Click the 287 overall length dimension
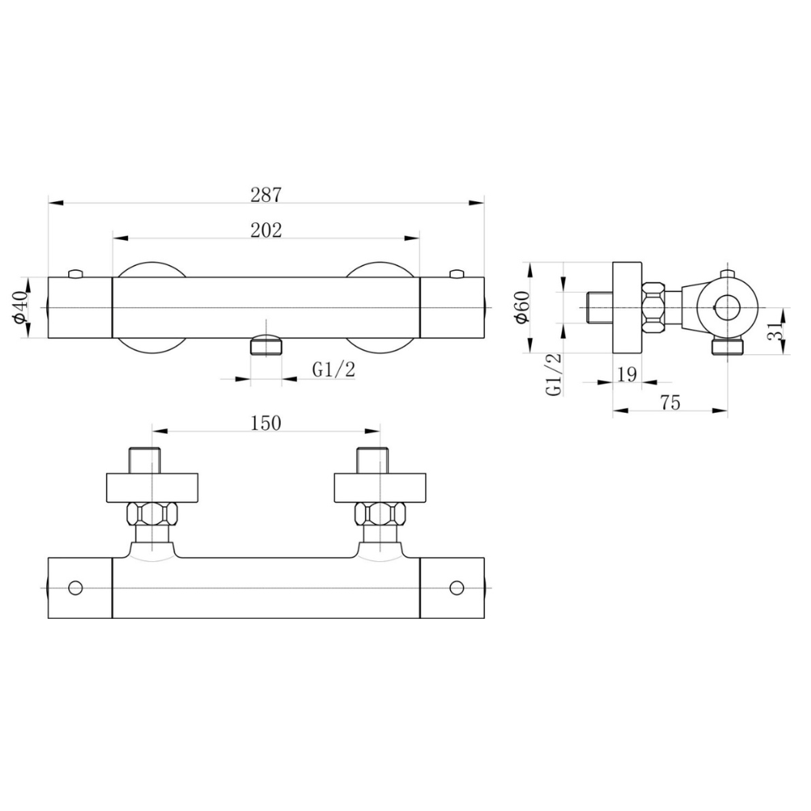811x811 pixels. tap(266, 195)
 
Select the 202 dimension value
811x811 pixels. tap(266, 230)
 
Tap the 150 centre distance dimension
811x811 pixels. tap(266, 423)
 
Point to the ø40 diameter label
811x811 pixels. tap(21, 308)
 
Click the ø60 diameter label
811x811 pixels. tap(521, 307)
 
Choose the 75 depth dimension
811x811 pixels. tap(671, 402)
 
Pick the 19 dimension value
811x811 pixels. tap(627, 375)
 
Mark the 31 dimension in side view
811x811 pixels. tap(775, 331)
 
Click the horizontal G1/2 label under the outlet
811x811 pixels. tap(333, 370)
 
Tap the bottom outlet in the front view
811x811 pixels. tap(266, 345)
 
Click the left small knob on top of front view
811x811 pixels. tap(76, 273)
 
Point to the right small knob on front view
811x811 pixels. tap(457, 273)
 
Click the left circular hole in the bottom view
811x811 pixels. tap(75, 588)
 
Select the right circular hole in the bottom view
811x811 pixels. tap(457, 588)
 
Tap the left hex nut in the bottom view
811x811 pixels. tap(152, 514)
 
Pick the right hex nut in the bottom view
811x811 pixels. tap(380, 514)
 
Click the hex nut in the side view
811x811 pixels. tap(653, 307)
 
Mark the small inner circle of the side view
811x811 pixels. tap(727, 307)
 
